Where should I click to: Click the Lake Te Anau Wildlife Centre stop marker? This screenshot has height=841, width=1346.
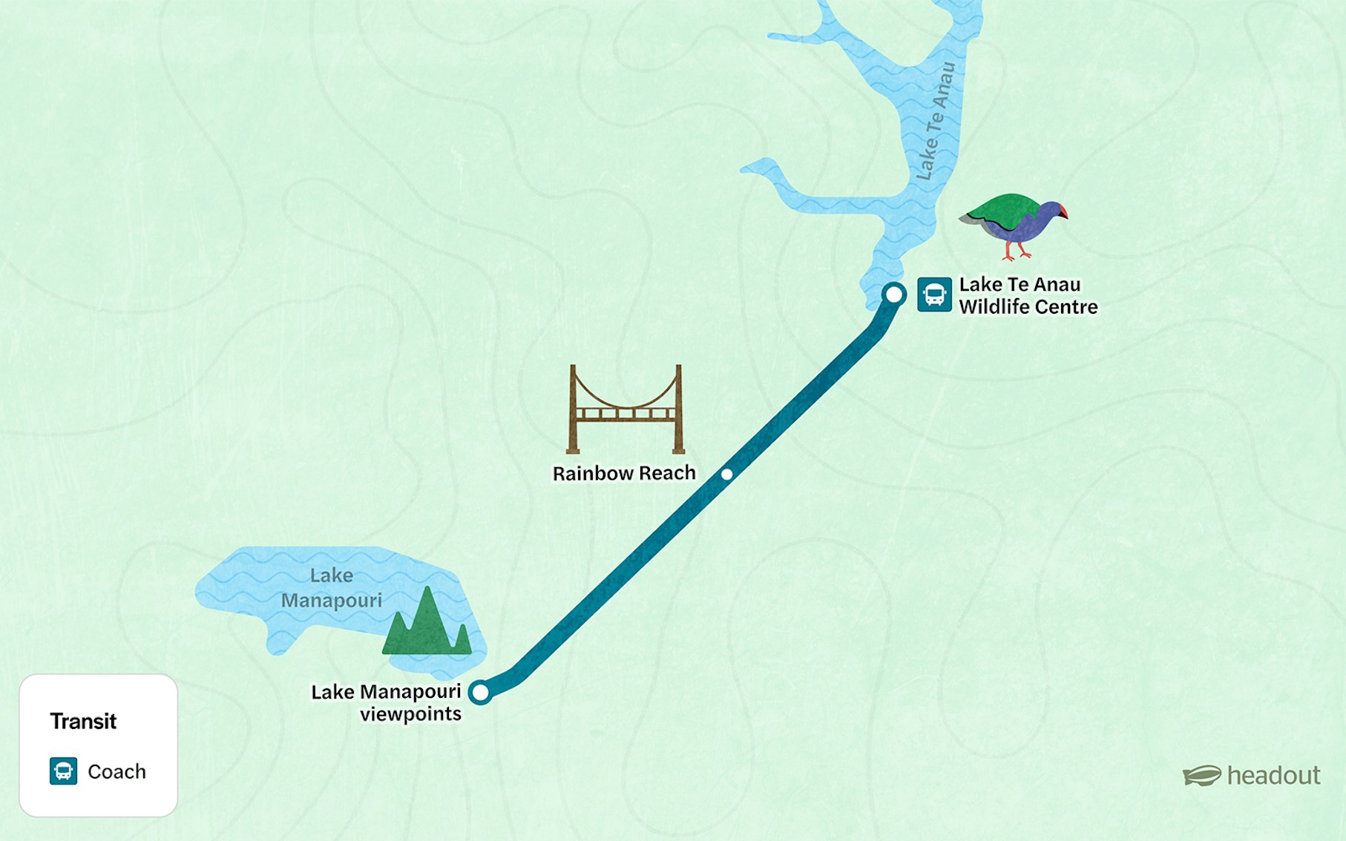coord(894,294)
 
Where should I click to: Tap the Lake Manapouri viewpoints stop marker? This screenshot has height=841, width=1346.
coord(481,693)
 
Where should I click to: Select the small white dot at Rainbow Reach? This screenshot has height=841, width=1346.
coord(727,474)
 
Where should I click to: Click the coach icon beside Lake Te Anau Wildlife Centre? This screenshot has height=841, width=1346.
coord(934,294)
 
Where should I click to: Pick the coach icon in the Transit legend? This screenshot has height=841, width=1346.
coord(63,771)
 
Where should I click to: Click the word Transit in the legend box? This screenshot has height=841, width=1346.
coord(83,721)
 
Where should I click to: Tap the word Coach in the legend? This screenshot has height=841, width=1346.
coord(116,771)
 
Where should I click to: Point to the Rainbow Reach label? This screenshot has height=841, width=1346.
coord(624,473)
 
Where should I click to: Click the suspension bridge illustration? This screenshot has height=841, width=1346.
coord(625,409)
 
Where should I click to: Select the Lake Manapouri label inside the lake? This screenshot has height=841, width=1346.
coord(332,587)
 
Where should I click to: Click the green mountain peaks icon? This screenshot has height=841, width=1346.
coord(427,624)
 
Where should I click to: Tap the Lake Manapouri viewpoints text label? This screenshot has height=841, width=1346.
coord(387,702)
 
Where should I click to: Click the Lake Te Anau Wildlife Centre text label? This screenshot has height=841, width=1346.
coord(1028,295)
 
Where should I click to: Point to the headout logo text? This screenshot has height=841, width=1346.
coord(1273,776)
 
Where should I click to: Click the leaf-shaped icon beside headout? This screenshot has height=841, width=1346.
coord(1201,776)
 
